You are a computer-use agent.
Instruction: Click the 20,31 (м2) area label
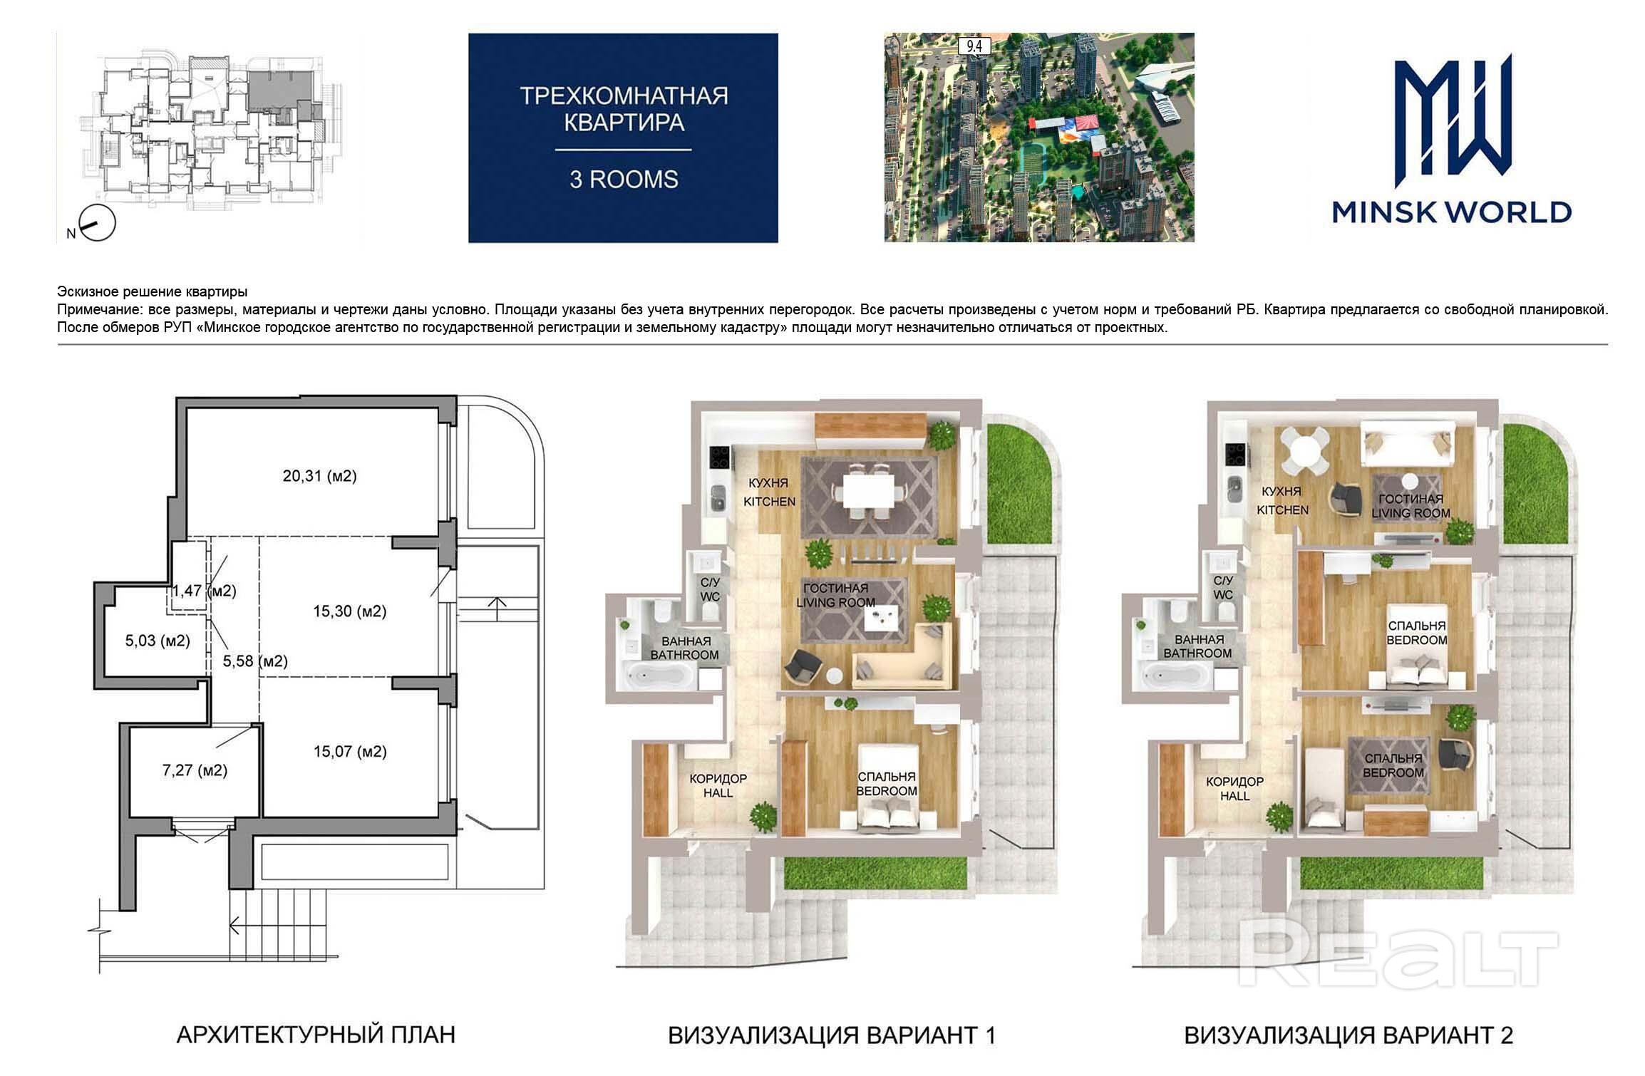coord(319,476)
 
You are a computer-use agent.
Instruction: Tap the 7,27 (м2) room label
coord(195,770)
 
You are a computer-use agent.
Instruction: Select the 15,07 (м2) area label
coord(350,751)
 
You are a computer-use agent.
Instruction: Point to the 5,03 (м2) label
coord(158,641)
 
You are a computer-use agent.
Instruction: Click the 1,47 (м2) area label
coord(204,591)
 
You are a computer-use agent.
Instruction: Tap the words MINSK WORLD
coord(1452,212)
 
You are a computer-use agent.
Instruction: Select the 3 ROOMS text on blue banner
coord(624,180)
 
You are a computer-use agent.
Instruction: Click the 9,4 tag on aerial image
coord(974,46)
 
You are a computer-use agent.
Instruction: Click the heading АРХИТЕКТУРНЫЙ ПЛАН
coord(316,1034)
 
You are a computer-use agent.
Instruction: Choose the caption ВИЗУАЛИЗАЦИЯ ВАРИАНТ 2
coord(1349,1035)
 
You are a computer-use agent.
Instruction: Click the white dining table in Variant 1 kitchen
coord(868,491)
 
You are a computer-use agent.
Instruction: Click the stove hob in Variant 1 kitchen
coord(719,457)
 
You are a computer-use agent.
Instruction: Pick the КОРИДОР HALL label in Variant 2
coord(1234,788)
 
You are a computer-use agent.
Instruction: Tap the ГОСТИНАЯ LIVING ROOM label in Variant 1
coord(835,595)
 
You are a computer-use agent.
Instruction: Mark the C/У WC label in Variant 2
coord(1223,588)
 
